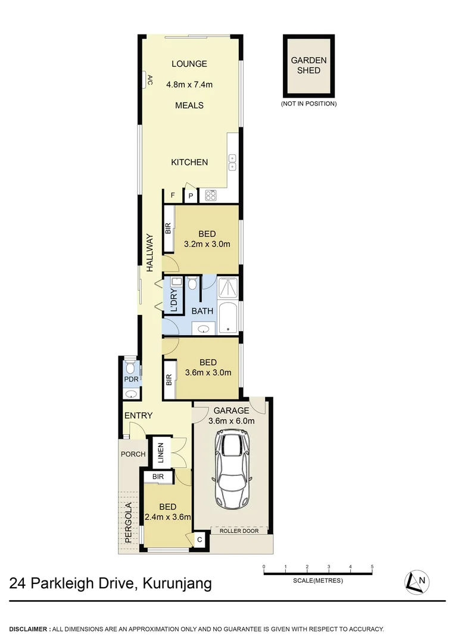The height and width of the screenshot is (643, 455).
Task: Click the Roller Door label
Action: pos(239,530)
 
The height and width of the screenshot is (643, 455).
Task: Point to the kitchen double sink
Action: pos(232,163)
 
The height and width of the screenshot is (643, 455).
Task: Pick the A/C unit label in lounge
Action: pos(148,80)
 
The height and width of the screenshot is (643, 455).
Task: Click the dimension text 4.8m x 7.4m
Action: pos(189,85)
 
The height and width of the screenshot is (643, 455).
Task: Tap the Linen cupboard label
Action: pos(160,454)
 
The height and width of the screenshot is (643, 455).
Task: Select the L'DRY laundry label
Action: pos(174,301)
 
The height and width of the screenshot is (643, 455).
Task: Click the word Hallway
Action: pos(151,251)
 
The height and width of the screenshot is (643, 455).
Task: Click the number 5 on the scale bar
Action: pos(372,566)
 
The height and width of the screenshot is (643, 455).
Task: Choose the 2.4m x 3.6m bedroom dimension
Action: pos(167,517)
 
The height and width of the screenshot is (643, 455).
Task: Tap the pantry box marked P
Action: pos(191,195)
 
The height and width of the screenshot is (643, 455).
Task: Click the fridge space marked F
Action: pos(173,195)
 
